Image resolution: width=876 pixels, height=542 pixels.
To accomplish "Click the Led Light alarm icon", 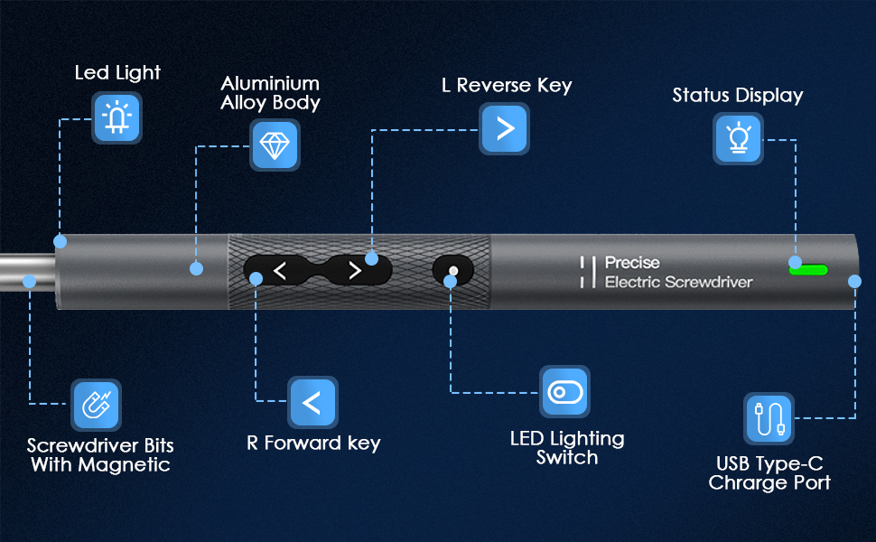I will tap(116, 118).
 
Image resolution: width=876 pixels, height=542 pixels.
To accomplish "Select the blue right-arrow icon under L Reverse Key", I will tap(504, 128).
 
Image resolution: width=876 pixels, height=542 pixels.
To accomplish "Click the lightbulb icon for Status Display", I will tap(738, 139).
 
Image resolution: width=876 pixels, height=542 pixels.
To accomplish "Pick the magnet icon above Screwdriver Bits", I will tap(95, 405).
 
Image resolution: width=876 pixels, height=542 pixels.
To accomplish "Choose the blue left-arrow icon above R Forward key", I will tap(312, 403).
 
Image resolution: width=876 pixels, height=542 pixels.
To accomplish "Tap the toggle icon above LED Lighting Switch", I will tap(564, 391).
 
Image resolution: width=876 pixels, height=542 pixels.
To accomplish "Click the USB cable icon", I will tap(769, 418).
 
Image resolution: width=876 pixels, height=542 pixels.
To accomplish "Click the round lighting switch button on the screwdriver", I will tap(453, 270).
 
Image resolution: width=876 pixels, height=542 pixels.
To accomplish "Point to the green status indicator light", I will tap(808, 268).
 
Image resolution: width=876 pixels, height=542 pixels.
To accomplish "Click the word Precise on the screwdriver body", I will tap(632, 263).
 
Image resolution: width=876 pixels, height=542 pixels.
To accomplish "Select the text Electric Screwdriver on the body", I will tap(678, 283).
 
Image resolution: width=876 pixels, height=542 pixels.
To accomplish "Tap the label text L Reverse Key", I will tap(507, 86).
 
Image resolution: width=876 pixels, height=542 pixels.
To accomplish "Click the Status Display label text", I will tap(737, 96).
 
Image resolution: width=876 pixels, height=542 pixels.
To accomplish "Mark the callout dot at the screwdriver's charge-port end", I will tap(855, 282).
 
